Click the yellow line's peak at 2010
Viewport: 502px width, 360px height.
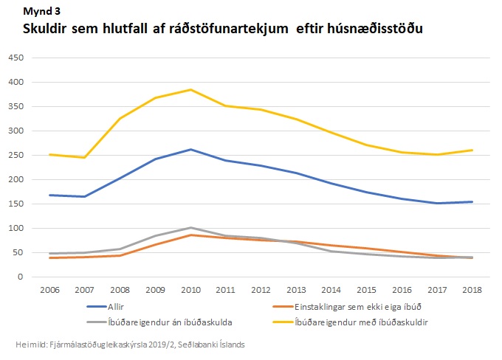tap(191, 90)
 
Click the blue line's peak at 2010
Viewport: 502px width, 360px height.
tap(191, 150)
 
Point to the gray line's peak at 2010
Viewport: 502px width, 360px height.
tap(191, 228)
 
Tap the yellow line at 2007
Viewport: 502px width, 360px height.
tap(84, 157)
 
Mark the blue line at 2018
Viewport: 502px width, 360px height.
tap(472, 201)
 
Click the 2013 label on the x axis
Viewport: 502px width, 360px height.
tap(295, 288)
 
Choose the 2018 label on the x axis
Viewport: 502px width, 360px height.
tap(472, 288)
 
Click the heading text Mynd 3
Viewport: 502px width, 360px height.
tap(43, 11)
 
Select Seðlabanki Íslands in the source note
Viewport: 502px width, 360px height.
tap(219, 345)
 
